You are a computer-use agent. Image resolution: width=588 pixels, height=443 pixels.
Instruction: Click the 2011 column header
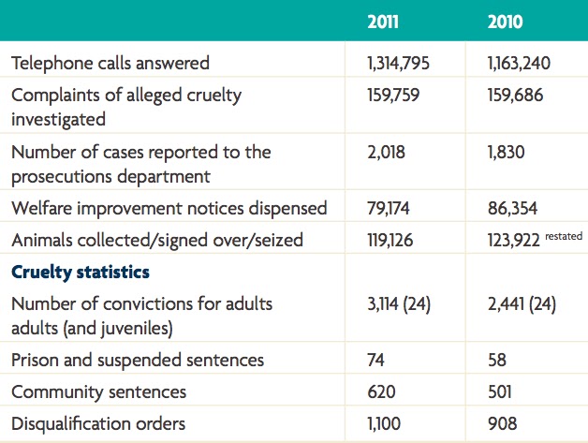coord(386,22)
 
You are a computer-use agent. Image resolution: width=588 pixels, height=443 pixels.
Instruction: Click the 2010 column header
coord(505,22)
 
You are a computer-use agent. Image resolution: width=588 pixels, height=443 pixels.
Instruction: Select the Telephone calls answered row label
coord(110,64)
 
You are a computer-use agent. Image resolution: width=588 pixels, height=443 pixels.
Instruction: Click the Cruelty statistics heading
coord(82,273)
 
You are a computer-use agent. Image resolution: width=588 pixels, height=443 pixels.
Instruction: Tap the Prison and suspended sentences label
coord(138,360)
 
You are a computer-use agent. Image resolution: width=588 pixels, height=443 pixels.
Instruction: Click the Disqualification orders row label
coord(96,423)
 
